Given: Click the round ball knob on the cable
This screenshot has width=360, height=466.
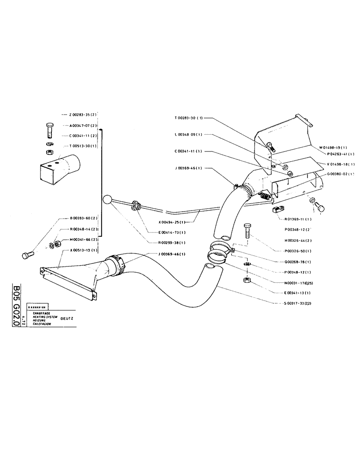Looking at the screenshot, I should pyautogui.click(x=108, y=200).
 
